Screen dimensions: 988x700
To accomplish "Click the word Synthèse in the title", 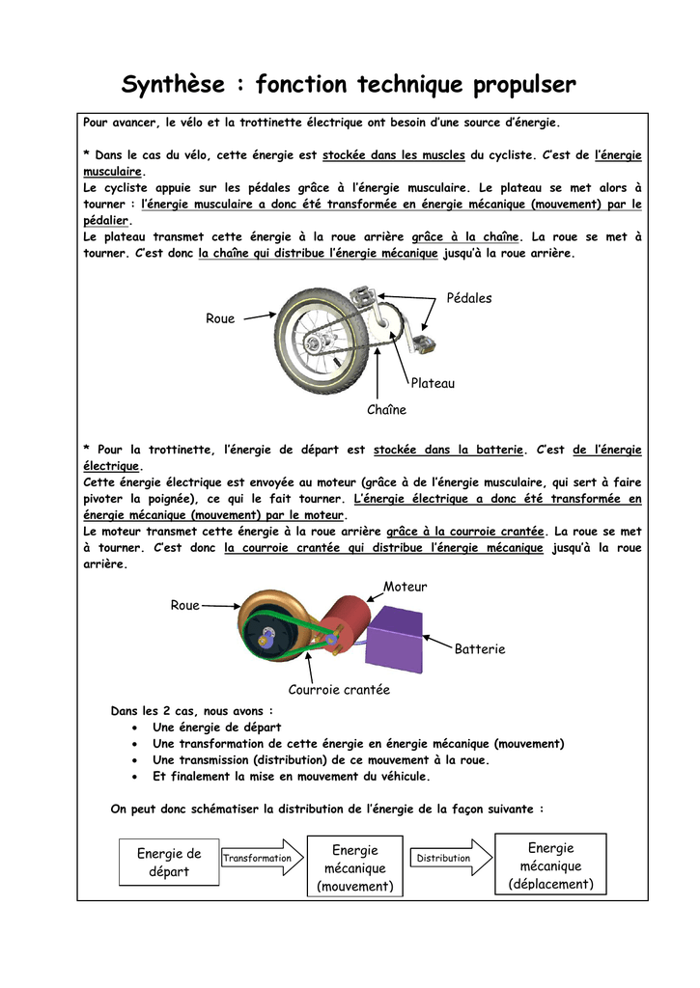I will coord(173,86).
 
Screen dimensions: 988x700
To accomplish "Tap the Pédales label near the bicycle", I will coord(469,298).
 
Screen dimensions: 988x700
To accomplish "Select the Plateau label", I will coord(433,383).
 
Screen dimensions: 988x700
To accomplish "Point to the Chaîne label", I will coord(386,410).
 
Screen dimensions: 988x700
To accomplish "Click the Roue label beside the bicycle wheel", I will coord(220,318).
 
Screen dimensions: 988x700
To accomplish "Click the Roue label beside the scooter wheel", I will coord(184,605).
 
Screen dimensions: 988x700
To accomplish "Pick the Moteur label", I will coord(405,587).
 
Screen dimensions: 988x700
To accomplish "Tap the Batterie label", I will coord(480,649).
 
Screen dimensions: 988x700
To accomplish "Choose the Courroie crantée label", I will coord(339,689).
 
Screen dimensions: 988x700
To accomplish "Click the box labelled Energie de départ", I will coord(169,862).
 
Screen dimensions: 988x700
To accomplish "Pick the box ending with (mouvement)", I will coord(355,867).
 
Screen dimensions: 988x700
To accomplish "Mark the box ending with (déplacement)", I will coord(550,865).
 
